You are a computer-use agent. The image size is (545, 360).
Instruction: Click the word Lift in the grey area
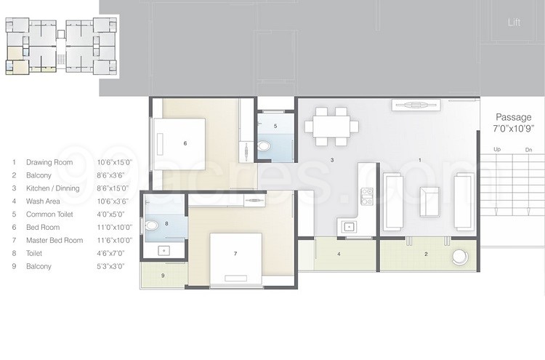(514, 23)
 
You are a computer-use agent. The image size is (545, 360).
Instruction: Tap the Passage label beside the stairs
(513, 117)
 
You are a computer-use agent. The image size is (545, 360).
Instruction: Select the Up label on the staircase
(497, 150)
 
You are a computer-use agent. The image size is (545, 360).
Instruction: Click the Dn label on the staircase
(528, 150)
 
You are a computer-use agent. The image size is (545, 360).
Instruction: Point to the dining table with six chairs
(331, 125)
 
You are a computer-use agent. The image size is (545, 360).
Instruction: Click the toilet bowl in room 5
(264, 146)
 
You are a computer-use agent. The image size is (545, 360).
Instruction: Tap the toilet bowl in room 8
(151, 226)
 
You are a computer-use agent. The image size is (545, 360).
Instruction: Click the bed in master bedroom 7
(235, 257)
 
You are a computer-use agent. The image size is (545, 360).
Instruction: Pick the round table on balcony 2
(460, 257)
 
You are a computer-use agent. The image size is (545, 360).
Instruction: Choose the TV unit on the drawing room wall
(417, 105)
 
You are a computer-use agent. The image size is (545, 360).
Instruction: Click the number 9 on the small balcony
(163, 276)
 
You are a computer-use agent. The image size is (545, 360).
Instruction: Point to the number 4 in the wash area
(339, 254)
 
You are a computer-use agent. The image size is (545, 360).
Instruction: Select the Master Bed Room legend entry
(54, 240)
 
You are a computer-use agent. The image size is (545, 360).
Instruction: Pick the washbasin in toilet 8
(163, 250)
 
